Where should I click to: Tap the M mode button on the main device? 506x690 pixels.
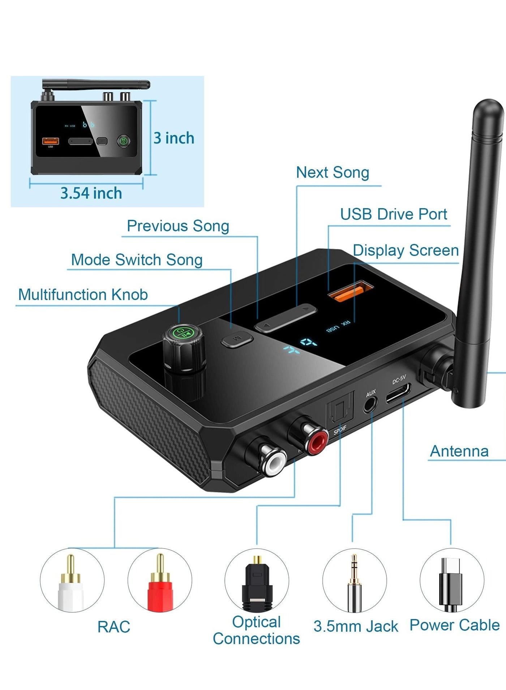point(237,339)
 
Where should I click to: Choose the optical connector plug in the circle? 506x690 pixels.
point(257,581)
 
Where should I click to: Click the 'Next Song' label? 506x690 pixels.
point(333,172)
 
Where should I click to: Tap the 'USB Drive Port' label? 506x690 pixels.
point(394,214)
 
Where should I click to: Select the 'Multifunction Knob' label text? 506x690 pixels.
point(83,295)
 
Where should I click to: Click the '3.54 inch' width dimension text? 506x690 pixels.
point(91,193)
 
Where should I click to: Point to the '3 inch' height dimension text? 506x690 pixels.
point(174,138)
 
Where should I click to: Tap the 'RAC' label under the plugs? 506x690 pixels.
point(113,627)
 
